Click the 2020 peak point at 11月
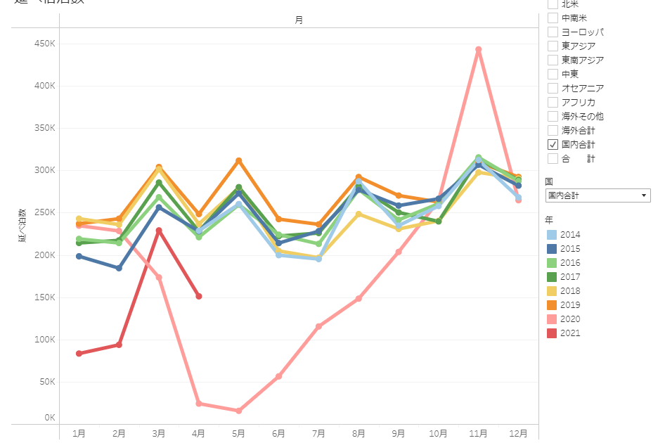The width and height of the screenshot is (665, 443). pyautogui.click(x=478, y=50)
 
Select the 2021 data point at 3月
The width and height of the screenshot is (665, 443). pyautogui.click(x=159, y=231)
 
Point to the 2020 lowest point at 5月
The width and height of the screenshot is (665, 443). pyautogui.click(x=238, y=411)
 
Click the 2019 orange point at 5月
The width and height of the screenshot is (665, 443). pyautogui.click(x=238, y=161)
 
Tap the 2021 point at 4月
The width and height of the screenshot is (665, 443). pyautogui.click(x=199, y=297)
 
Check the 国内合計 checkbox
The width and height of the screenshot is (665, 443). pyautogui.click(x=553, y=144)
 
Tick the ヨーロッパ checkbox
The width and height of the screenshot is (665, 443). pyautogui.click(x=553, y=32)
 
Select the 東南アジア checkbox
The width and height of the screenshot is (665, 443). pyautogui.click(x=553, y=60)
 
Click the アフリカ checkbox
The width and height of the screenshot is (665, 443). pyautogui.click(x=553, y=102)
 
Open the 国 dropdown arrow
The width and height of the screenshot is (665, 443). pyautogui.click(x=644, y=195)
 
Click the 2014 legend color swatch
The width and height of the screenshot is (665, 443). pyautogui.click(x=553, y=234)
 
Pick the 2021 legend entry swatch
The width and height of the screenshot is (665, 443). pyautogui.click(x=553, y=333)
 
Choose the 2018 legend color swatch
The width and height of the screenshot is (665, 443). pyautogui.click(x=553, y=290)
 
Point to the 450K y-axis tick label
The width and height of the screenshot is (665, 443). pyautogui.click(x=45, y=44)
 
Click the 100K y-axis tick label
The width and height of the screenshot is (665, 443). pyautogui.click(x=45, y=340)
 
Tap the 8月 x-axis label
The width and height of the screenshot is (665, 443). pyautogui.click(x=359, y=433)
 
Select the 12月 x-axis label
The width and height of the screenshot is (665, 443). pyautogui.click(x=518, y=433)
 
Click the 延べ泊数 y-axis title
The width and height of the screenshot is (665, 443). pyautogui.click(x=22, y=225)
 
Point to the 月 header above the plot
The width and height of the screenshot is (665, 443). pyautogui.click(x=299, y=20)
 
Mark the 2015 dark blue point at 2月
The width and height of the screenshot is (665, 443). pyautogui.click(x=119, y=268)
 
